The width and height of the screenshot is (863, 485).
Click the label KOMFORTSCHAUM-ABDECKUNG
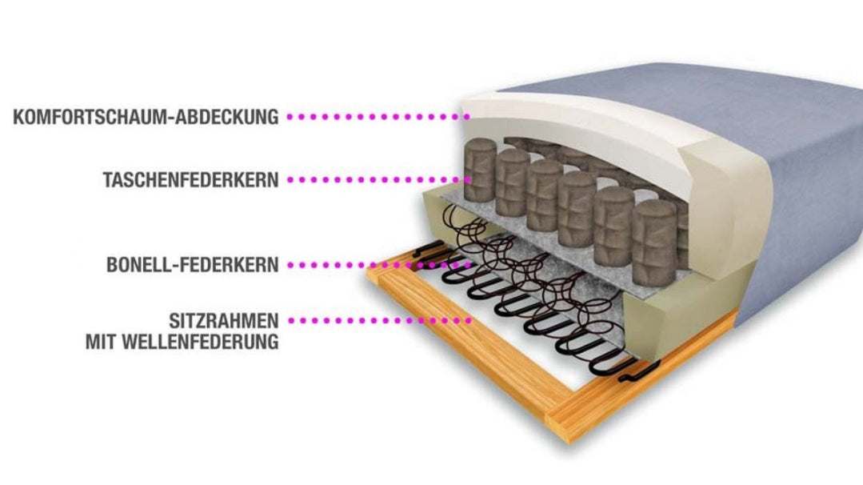(146, 117)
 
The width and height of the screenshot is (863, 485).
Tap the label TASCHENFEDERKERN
(191, 180)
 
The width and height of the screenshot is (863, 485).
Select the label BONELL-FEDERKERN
(193, 265)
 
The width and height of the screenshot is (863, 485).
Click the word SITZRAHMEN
(224, 322)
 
